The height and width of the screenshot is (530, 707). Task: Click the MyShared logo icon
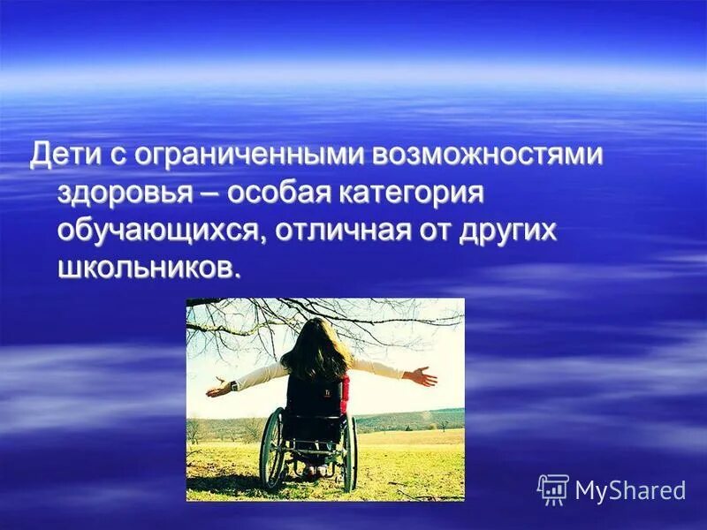[x=552, y=489]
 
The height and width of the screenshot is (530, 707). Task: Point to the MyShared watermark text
[x=630, y=490]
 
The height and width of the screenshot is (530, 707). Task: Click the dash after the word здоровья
[x=213, y=194]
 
